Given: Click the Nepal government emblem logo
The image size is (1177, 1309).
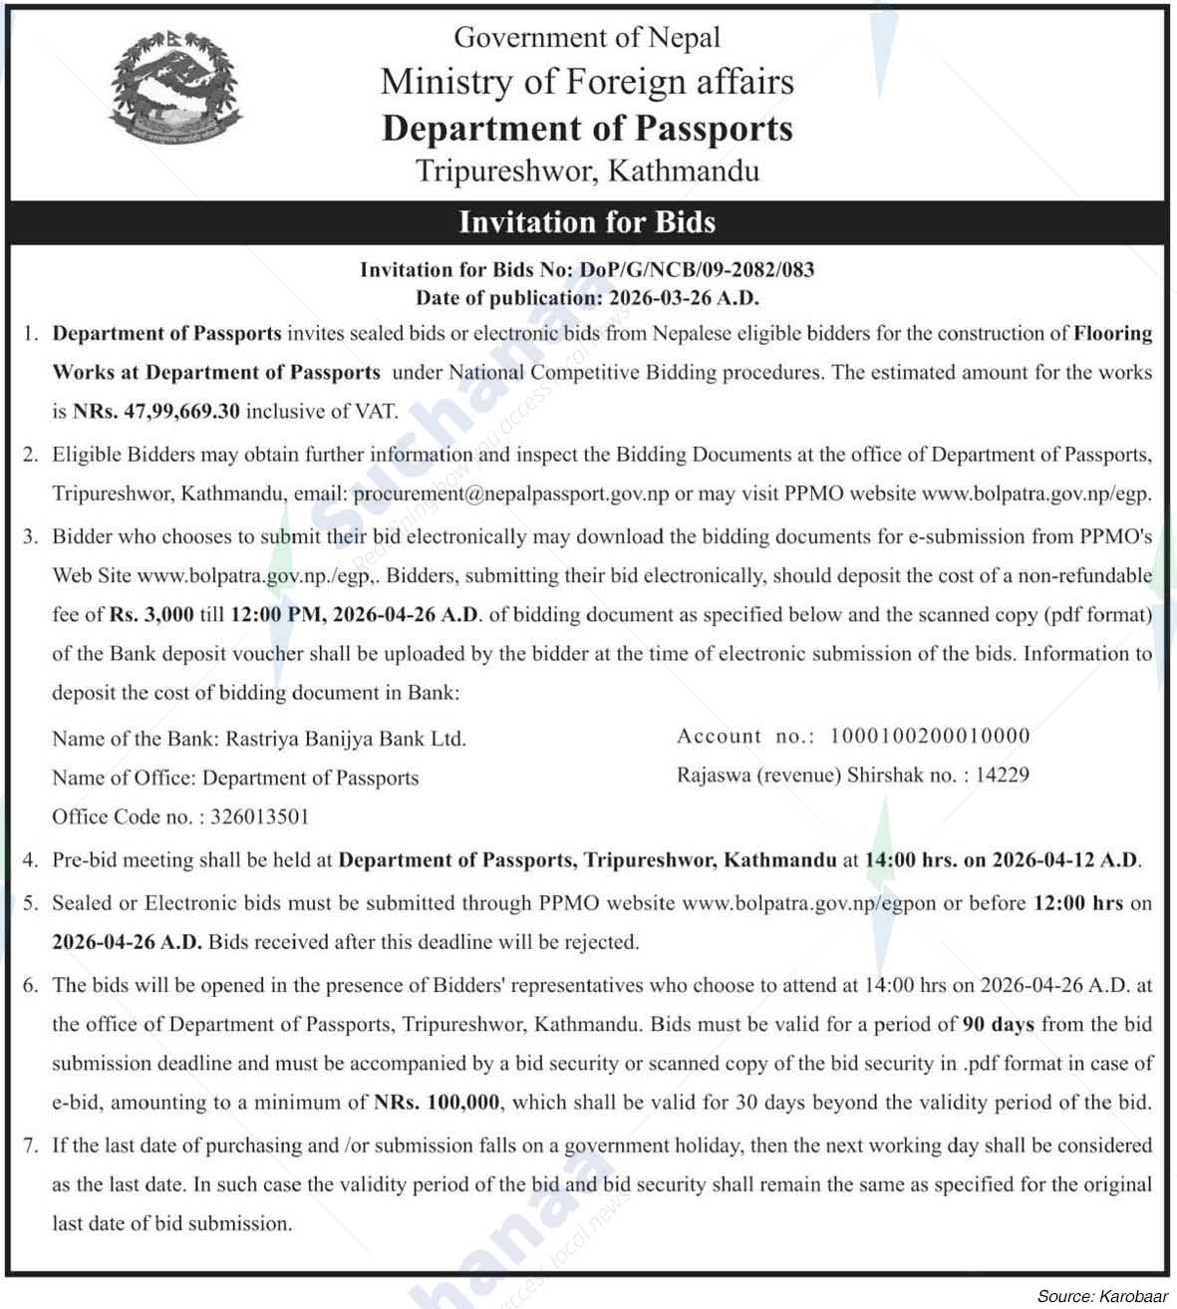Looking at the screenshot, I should (176, 89).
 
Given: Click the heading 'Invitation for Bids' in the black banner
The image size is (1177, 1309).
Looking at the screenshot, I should (587, 221).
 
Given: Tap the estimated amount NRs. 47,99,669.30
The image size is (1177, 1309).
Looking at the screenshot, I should (156, 411).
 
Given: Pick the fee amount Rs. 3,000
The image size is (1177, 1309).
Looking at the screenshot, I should (151, 614).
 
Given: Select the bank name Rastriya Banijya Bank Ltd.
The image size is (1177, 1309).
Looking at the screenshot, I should (346, 739).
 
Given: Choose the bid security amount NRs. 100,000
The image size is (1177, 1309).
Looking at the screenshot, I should (440, 1103).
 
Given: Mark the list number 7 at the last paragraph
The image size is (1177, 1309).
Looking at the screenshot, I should (31, 1145).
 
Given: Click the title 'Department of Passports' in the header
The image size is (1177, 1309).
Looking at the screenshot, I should (587, 129).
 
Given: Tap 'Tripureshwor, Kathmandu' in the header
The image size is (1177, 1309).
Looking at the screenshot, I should (587, 170).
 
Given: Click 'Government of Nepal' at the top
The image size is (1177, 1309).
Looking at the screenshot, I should (587, 38).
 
